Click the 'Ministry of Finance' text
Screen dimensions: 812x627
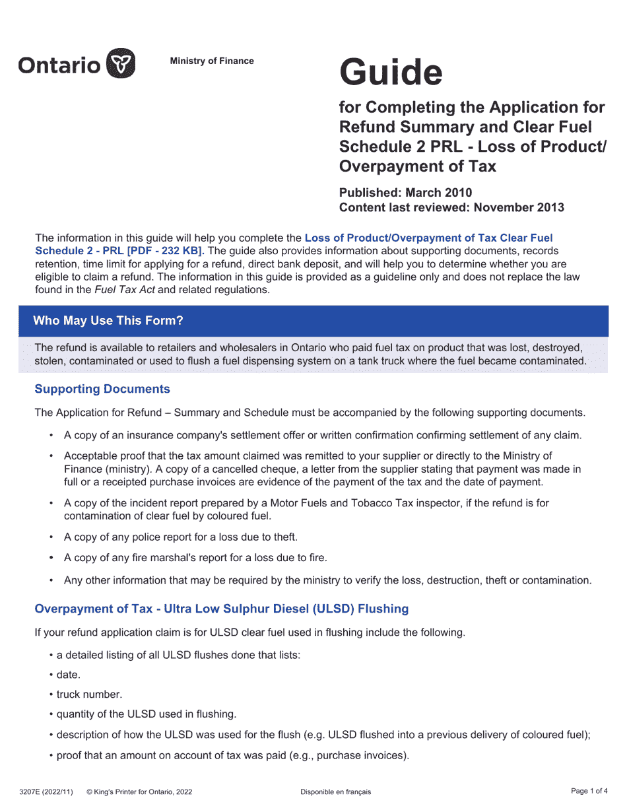[212, 61]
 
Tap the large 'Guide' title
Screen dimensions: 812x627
[391, 73]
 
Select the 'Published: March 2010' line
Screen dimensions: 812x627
[405, 193]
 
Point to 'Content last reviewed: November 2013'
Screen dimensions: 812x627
[451, 207]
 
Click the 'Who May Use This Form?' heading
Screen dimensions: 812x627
[108, 321]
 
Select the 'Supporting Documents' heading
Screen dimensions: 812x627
[102, 389]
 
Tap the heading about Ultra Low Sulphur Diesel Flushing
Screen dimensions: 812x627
[221, 608]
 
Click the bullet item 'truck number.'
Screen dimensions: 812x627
[89, 694]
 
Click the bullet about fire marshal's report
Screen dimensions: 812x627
[195, 558]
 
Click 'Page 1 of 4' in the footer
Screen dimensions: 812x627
[589, 791]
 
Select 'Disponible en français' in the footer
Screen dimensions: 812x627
[335, 792]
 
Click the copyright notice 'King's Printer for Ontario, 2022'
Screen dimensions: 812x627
[143, 792]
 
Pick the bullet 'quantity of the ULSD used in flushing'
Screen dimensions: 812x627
[146, 714]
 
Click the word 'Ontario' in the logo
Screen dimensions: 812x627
[59, 65]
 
